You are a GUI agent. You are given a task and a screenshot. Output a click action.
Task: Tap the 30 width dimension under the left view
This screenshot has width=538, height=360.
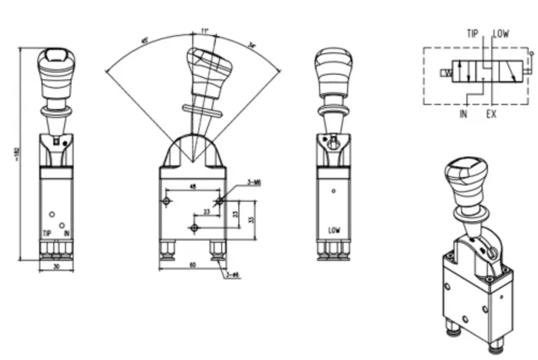(x=56, y=265)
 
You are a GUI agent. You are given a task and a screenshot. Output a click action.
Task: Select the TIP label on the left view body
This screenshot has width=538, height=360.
(x=47, y=234)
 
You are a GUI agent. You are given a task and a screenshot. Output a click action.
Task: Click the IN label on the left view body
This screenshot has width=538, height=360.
(x=67, y=234)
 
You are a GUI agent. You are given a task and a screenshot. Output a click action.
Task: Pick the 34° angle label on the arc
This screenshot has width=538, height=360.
(x=252, y=46)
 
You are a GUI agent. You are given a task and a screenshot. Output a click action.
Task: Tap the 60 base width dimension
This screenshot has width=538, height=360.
(x=192, y=265)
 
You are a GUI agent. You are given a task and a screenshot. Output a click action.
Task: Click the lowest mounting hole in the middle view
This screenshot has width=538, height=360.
(x=194, y=228)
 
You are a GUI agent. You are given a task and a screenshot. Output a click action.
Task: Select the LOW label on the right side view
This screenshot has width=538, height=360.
(x=334, y=231)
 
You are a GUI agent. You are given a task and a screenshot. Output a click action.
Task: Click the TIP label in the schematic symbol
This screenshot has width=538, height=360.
(x=472, y=34)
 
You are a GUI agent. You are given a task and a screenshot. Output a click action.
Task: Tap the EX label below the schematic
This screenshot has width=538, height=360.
(x=491, y=114)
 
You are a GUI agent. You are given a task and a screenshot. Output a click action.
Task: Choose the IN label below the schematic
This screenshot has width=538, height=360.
(x=463, y=114)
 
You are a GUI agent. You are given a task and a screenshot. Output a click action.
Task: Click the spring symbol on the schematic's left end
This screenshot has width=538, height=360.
(x=446, y=73)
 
